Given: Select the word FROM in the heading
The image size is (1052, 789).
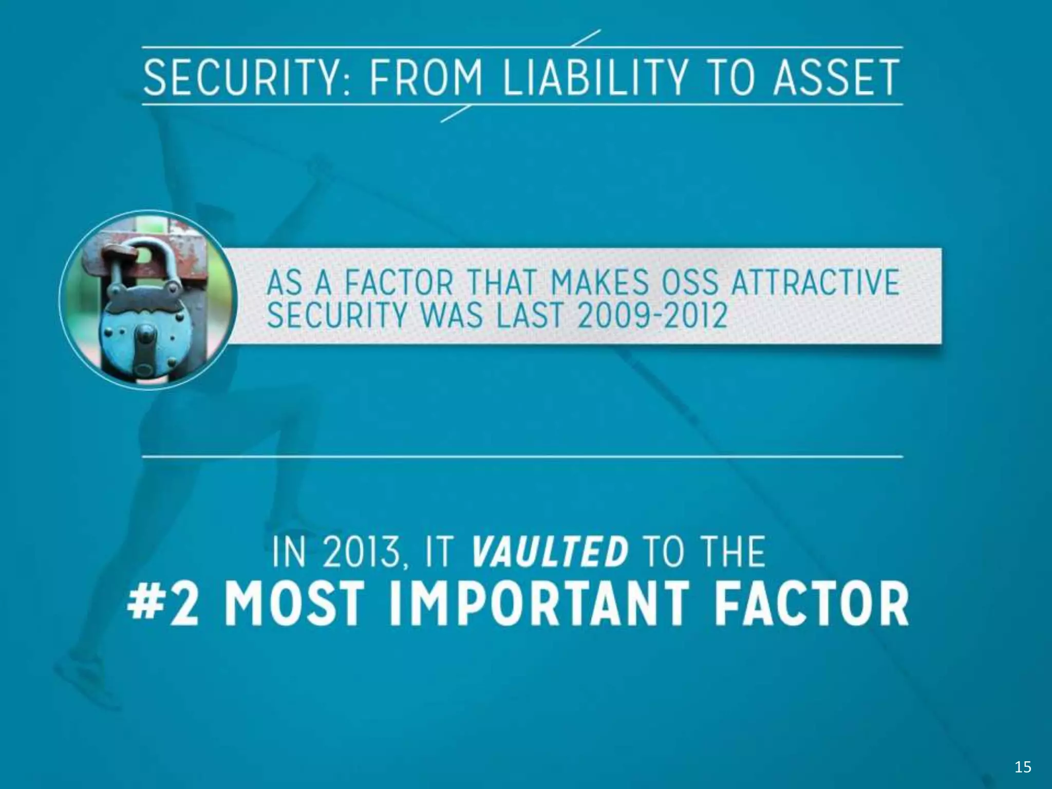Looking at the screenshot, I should (x=426, y=78).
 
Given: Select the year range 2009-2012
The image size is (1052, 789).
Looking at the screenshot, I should (x=652, y=314).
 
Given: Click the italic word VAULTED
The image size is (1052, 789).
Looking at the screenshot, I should (x=549, y=552).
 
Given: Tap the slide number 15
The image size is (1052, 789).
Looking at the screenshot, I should (x=1023, y=767).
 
